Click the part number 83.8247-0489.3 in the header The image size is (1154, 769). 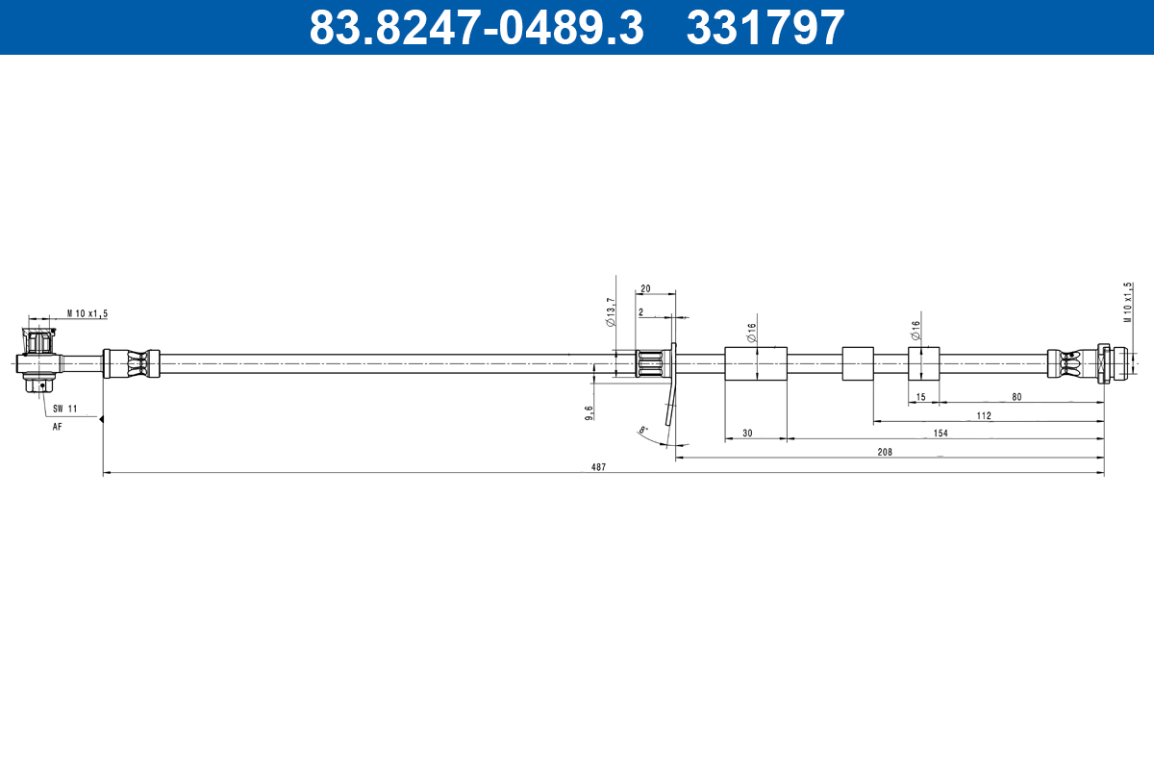(x=475, y=27)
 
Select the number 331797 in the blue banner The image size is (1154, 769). (x=765, y=27)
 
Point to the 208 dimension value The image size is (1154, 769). (x=885, y=451)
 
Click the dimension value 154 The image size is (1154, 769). (x=941, y=434)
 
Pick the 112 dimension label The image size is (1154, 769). (x=983, y=416)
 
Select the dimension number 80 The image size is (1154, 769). (x=1016, y=397)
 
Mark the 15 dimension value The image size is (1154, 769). (x=920, y=397)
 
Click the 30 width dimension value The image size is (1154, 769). (x=747, y=434)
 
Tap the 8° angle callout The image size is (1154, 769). (x=643, y=430)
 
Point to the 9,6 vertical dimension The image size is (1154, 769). (x=589, y=411)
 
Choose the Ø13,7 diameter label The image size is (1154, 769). (x=611, y=311)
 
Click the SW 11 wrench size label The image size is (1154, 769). (x=64, y=409)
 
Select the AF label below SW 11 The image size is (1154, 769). (x=57, y=426)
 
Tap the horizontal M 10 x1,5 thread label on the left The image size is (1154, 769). (x=88, y=313)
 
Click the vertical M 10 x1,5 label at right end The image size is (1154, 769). (x=1129, y=303)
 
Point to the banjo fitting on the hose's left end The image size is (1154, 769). (x=39, y=360)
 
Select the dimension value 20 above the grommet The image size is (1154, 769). (x=645, y=288)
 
